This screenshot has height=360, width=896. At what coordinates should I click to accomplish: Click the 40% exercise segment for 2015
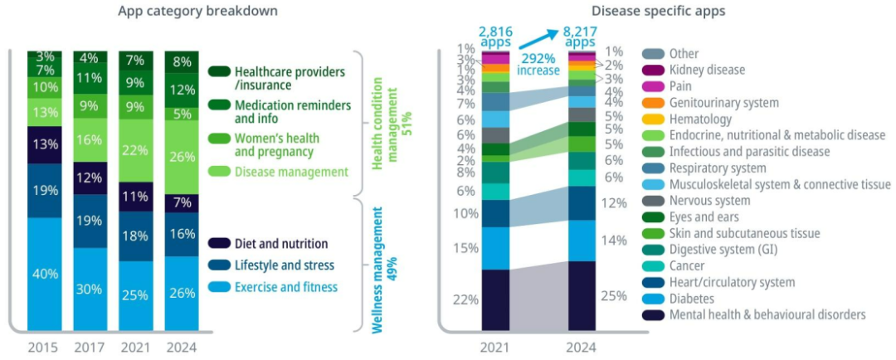(x=45, y=274)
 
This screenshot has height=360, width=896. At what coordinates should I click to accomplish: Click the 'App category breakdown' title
(x=197, y=11)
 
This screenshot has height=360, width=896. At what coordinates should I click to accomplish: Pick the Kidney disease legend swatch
(x=653, y=71)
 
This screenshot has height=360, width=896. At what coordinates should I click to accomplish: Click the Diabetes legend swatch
(x=653, y=299)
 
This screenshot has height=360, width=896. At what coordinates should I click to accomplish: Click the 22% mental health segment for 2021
(x=496, y=300)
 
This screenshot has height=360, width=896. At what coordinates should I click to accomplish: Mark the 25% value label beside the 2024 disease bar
(x=613, y=296)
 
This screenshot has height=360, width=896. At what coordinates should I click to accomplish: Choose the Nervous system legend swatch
(x=653, y=201)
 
